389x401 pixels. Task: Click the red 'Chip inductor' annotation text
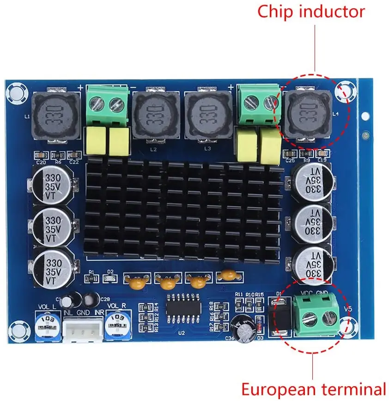[311, 12]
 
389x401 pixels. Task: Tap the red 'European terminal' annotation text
[313, 389]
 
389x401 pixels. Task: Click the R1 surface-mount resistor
[91, 279]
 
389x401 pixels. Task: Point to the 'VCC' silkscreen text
[308, 292]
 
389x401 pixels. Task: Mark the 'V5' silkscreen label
[348, 309]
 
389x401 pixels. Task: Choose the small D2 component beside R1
[110, 279]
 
